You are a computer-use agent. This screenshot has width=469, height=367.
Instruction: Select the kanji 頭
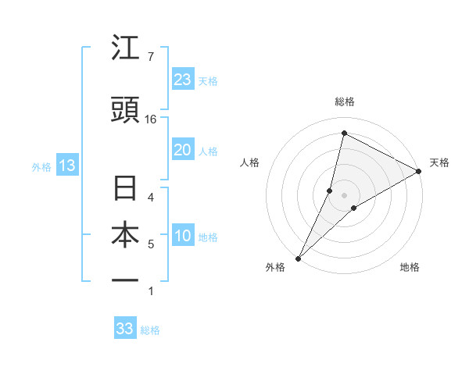pos(126,112)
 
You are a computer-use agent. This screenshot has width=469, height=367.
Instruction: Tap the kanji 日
pos(126,190)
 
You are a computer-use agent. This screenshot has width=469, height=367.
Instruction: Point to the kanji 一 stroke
pos(126,280)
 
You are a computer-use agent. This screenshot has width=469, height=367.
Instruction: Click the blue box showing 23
pos(183,79)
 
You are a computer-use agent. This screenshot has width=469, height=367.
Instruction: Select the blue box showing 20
pos(183,150)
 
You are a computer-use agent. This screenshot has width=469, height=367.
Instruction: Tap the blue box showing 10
pos(183,236)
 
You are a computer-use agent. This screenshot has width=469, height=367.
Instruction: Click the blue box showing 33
pos(125,329)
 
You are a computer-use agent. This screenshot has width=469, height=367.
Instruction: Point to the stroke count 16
pos(151,119)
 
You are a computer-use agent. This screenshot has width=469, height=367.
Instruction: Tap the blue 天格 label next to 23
pos(208,80)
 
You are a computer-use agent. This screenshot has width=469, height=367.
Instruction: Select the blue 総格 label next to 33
pos(150,330)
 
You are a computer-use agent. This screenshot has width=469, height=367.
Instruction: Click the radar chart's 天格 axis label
pos(439,162)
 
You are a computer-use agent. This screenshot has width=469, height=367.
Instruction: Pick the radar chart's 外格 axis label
pos(275,267)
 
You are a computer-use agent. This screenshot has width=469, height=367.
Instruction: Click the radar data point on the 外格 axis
pos(299,258)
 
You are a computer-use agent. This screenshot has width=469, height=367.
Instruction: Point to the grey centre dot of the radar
pos(344,194)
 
